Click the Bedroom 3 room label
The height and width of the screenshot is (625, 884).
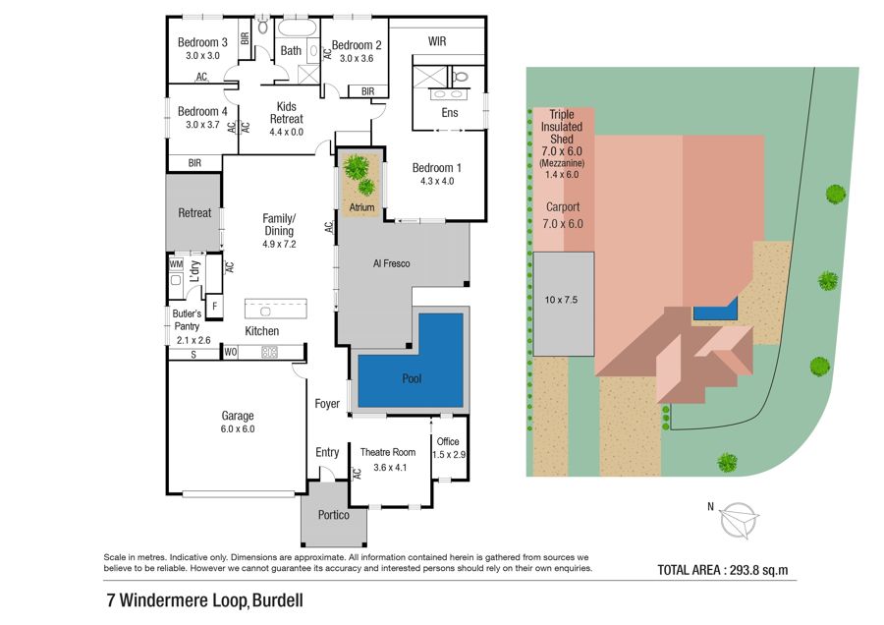click(x=202, y=42)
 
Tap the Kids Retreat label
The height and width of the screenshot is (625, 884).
click(x=287, y=113)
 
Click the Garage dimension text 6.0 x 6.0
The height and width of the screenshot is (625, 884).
click(x=238, y=429)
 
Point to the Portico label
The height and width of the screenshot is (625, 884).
click(x=333, y=515)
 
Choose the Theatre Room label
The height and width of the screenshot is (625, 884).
click(x=388, y=452)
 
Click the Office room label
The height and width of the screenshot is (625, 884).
click(x=448, y=441)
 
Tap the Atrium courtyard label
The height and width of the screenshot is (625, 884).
click(x=361, y=207)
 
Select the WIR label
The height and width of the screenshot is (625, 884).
click(x=437, y=41)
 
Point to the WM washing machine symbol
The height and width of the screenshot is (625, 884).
click(x=176, y=264)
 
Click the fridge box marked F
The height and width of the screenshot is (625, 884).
click(x=214, y=307)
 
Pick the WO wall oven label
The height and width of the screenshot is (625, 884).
click(x=231, y=353)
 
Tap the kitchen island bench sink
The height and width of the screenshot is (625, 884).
click(x=265, y=311)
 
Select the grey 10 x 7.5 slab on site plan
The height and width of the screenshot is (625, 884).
click(x=564, y=304)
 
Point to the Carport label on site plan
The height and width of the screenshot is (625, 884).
click(x=563, y=207)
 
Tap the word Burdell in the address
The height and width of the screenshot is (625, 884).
click(x=277, y=600)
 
